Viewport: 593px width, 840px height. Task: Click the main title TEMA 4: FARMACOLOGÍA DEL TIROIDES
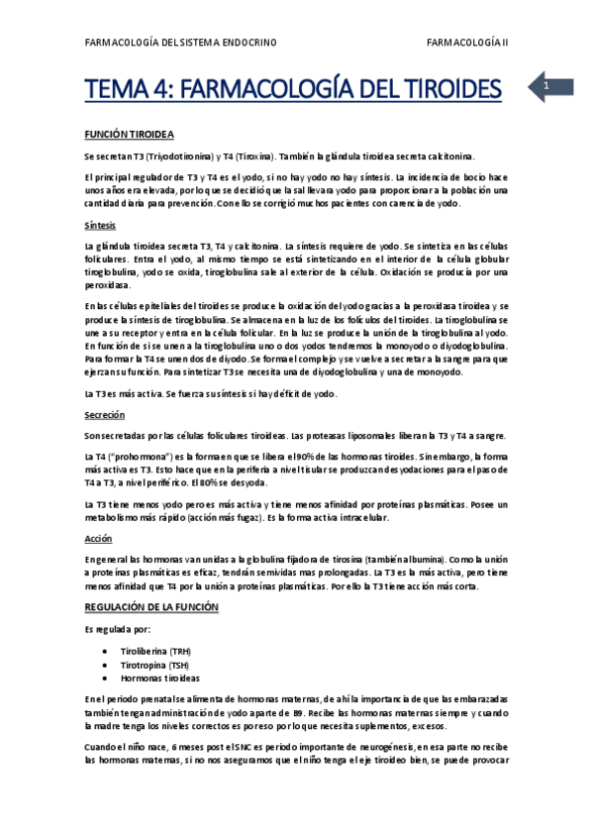[x=293, y=90]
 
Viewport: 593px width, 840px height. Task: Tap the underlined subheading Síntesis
[x=100, y=225]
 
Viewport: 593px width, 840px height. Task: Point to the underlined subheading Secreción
[x=104, y=416]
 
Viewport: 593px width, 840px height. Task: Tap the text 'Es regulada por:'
[x=117, y=628]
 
